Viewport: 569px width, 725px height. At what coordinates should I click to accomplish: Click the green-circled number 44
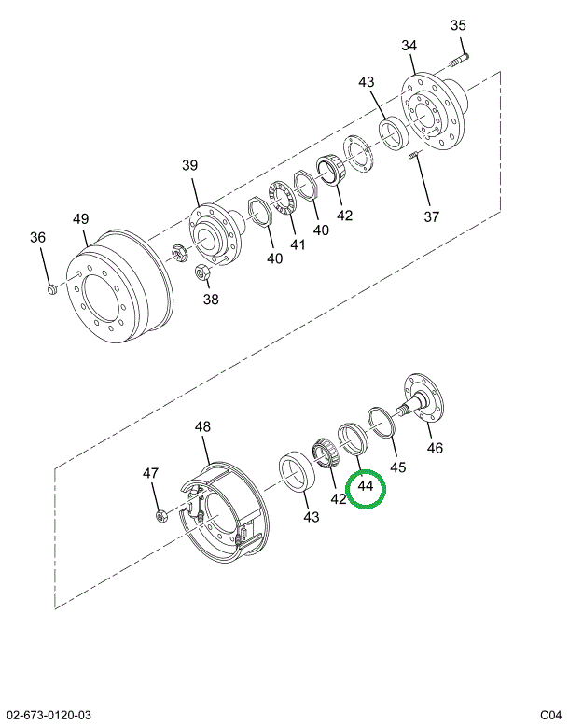pyautogui.click(x=365, y=486)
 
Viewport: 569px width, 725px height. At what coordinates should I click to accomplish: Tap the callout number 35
pyautogui.click(x=458, y=25)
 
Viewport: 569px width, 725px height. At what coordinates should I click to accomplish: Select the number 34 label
pyautogui.click(x=410, y=46)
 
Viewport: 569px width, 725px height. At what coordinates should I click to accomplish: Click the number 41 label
pyautogui.click(x=298, y=245)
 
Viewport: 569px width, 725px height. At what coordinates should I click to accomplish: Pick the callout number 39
pyautogui.click(x=190, y=165)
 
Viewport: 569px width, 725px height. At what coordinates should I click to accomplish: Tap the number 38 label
pyautogui.click(x=211, y=300)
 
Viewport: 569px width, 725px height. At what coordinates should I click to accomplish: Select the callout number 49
pyautogui.click(x=81, y=219)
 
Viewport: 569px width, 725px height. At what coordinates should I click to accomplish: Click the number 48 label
pyautogui.click(x=202, y=426)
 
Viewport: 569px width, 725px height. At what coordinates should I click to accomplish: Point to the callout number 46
pyautogui.click(x=435, y=448)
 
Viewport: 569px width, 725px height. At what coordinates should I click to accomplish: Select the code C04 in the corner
pyautogui.click(x=550, y=715)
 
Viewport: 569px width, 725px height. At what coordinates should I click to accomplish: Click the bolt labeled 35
pyautogui.click(x=456, y=61)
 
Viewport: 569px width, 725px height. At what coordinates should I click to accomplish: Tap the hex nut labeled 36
pyautogui.click(x=52, y=291)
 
